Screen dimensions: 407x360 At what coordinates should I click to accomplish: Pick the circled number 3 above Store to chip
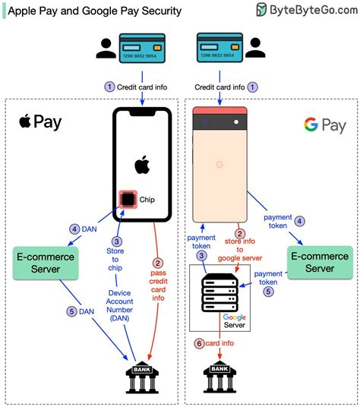tap(115, 241)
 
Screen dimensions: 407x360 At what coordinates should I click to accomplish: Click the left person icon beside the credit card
tap(104, 48)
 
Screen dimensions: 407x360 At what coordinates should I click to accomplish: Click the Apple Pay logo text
tap(40, 122)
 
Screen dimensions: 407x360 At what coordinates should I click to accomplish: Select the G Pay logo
tap(324, 125)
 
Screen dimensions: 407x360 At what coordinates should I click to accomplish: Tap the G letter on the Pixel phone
tap(219, 164)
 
